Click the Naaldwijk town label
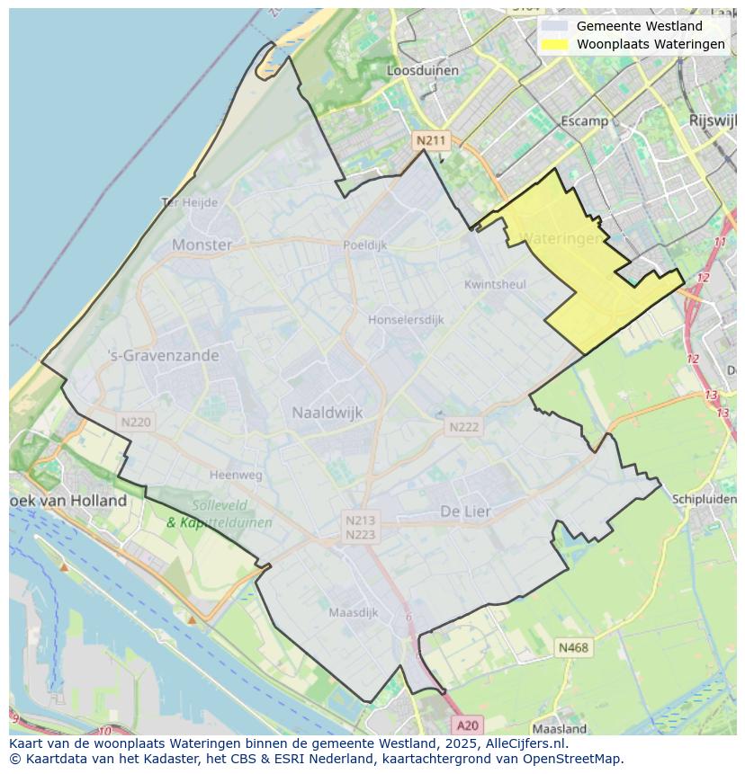click(328, 413)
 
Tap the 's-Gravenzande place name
click(163, 355)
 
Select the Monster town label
click(202, 245)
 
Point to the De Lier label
click(466, 512)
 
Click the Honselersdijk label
click(406, 319)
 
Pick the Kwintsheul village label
click(495, 284)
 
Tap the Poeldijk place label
click(364, 245)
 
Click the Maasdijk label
click(353, 612)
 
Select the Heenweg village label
click(236, 475)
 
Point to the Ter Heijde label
click(190, 202)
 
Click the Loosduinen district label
click(422, 70)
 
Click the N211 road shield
click(430, 140)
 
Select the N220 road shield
click(136, 422)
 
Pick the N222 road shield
click(464, 427)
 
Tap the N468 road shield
click(573, 647)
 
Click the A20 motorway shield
click(467, 725)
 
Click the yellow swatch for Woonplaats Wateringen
click(555, 44)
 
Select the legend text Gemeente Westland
click(640, 26)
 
